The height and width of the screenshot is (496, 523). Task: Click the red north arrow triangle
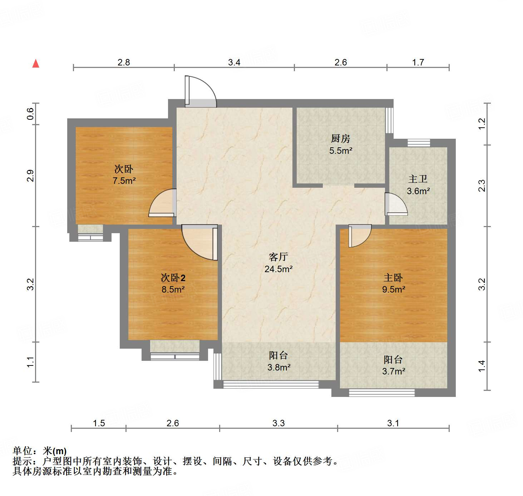pyautogui.click(x=36, y=64)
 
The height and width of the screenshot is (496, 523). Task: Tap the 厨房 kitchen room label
pyautogui.click(x=340, y=138)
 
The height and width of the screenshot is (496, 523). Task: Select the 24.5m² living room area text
pyautogui.click(x=278, y=269)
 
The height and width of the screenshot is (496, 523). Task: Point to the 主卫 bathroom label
pyautogui.click(x=418, y=179)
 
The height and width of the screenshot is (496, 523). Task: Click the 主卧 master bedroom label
pyautogui.click(x=393, y=278)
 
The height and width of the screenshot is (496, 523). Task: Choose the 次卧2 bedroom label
pyautogui.click(x=173, y=278)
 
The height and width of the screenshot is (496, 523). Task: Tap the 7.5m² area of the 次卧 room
pyautogui.click(x=124, y=181)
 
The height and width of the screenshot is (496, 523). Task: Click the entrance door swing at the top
pyautogui.click(x=201, y=92)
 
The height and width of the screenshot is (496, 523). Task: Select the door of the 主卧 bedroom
pyautogui.click(x=360, y=236)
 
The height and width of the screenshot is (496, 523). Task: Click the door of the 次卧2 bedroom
pyautogui.click(x=199, y=242)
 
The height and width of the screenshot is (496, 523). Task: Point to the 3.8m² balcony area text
pyautogui.click(x=279, y=367)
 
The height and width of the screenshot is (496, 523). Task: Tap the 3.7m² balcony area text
pyautogui.click(x=394, y=371)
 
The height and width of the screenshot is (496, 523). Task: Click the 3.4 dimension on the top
pyautogui.click(x=234, y=62)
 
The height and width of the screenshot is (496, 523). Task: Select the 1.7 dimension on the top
pyautogui.click(x=418, y=62)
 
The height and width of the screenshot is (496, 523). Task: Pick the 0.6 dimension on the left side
pyautogui.click(x=30, y=114)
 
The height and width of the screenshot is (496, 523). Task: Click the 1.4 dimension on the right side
pyautogui.click(x=482, y=367)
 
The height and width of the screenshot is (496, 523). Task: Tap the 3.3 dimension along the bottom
pyautogui.click(x=278, y=423)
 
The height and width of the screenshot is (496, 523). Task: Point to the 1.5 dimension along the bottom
pyautogui.click(x=99, y=423)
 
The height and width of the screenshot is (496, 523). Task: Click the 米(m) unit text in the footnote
pyautogui.click(x=55, y=451)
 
